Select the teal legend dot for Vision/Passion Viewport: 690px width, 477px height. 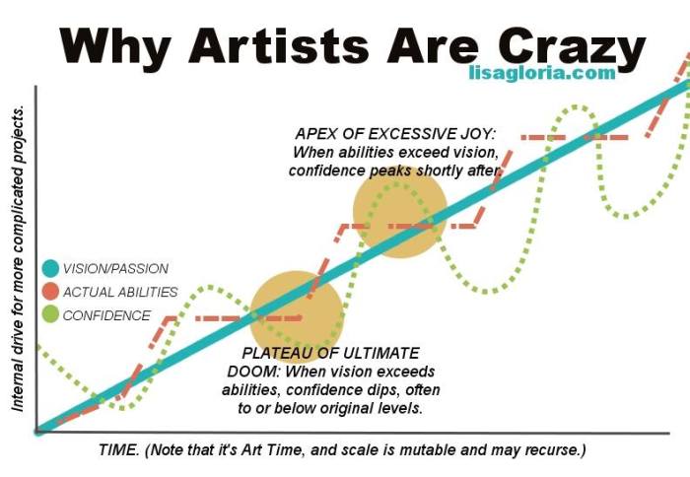51,268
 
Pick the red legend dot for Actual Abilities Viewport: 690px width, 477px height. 51,292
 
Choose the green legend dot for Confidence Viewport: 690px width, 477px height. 51,315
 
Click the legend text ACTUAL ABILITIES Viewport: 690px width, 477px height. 119,292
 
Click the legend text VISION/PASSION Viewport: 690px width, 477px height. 114,268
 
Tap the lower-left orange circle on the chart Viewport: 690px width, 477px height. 297,314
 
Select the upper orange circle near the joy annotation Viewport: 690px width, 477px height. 400,214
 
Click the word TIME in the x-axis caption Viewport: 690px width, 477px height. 118,450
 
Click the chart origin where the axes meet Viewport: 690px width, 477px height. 36,431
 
